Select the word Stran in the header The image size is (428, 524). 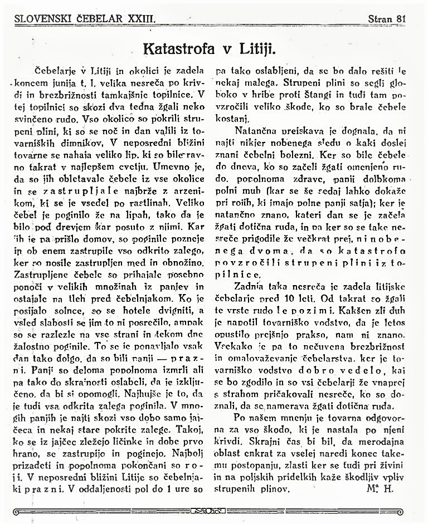(380, 18)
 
